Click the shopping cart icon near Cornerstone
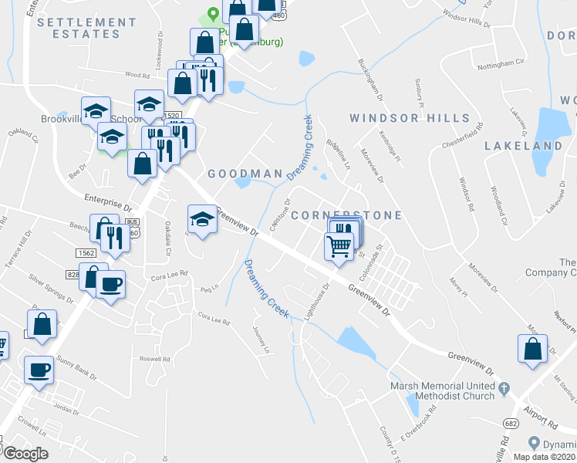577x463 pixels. pyautogui.click(x=339, y=248)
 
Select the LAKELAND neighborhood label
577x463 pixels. pyautogui.click(x=523, y=145)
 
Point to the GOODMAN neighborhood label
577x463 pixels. pyautogui.click(x=245, y=174)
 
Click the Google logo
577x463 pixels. pyautogui.click(x=25, y=454)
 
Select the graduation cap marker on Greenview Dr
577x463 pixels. pyautogui.click(x=202, y=220)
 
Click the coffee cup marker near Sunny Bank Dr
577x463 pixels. pyautogui.click(x=39, y=370)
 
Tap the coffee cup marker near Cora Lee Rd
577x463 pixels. pyautogui.click(x=110, y=284)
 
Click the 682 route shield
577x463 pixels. pyautogui.click(x=511, y=423)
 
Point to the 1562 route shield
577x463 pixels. pyautogui.click(x=86, y=253)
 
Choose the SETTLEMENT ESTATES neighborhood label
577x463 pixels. pyautogui.click(x=86, y=29)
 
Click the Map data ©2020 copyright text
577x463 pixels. pyautogui.click(x=542, y=457)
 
